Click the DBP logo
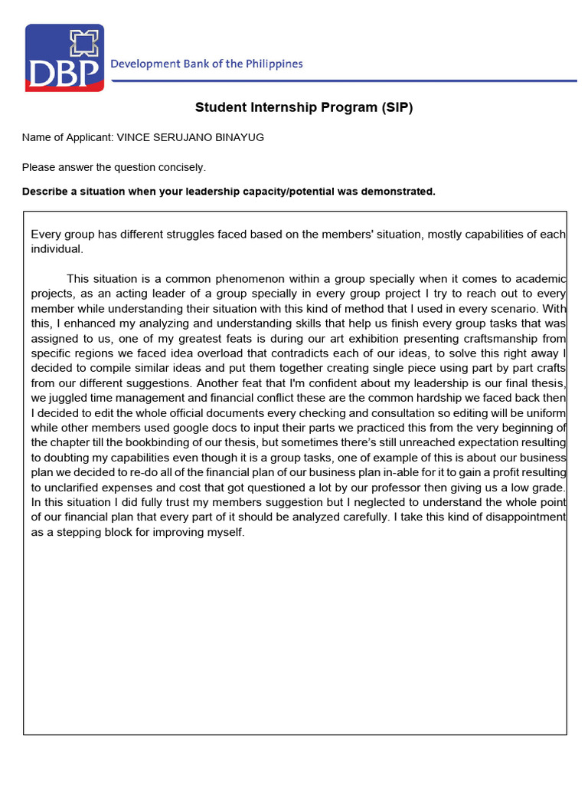64,57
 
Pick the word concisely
181,167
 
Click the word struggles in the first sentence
180,235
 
